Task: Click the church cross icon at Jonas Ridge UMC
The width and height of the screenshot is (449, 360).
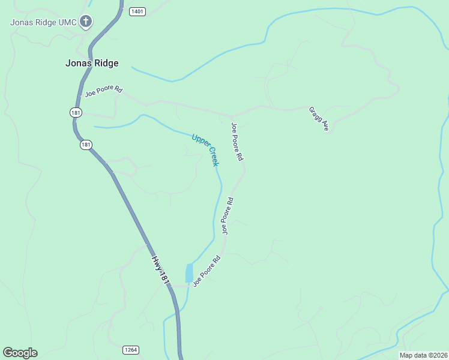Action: (x=86, y=22)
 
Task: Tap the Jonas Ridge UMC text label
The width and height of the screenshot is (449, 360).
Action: (x=44, y=23)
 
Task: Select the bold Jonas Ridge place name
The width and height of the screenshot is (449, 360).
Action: (x=92, y=63)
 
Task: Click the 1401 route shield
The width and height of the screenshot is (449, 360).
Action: (x=137, y=11)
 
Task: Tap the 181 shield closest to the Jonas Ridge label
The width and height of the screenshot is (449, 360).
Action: (x=75, y=112)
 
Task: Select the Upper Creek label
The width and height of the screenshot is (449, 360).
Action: (x=205, y=149)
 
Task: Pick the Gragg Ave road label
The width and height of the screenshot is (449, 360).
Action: (x=319, y=119)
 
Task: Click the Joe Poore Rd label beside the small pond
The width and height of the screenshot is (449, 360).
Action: (x=207, y=271)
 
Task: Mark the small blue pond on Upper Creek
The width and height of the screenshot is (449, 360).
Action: (x=190, y=273)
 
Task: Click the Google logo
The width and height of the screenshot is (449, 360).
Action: (x=20, y=353)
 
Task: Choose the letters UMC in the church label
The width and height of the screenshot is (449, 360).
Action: (x=68, y=23)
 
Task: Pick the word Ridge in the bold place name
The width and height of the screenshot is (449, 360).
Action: (x=106, y=63)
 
